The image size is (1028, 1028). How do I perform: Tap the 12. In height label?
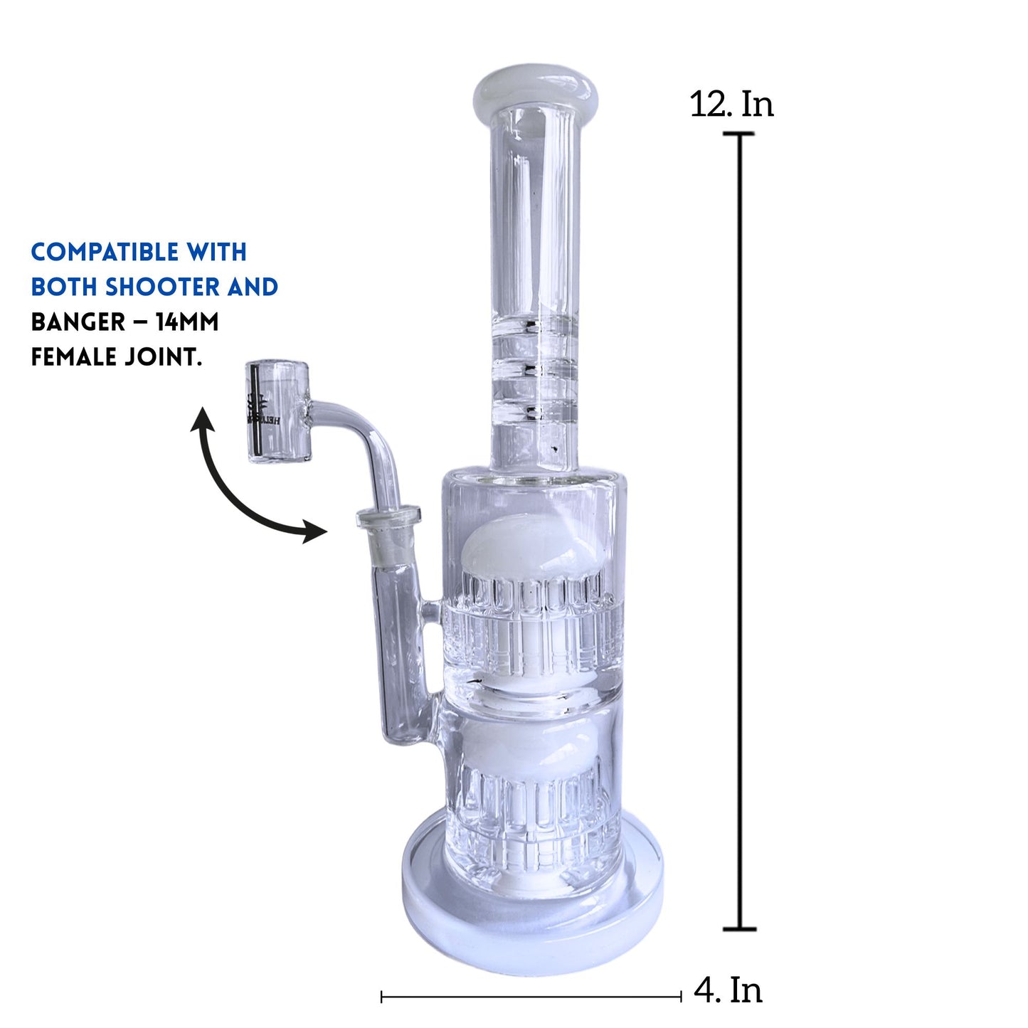pyautogui.click(x=731, y=105)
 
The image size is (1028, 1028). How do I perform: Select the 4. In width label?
pyautogui.click(x=728, y=990)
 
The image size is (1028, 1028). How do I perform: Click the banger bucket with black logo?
pyautogui.click(x=279, y=412)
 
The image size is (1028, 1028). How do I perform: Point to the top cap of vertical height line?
pyautogui.click(x=740, y=134)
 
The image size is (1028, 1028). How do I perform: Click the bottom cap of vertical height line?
pyautogui.click(x=740, y=928)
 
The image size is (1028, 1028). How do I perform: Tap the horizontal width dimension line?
pyautogui.click(x=531, y=997)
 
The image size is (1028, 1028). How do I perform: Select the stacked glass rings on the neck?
pyautogui.click(x=535, y=370)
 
